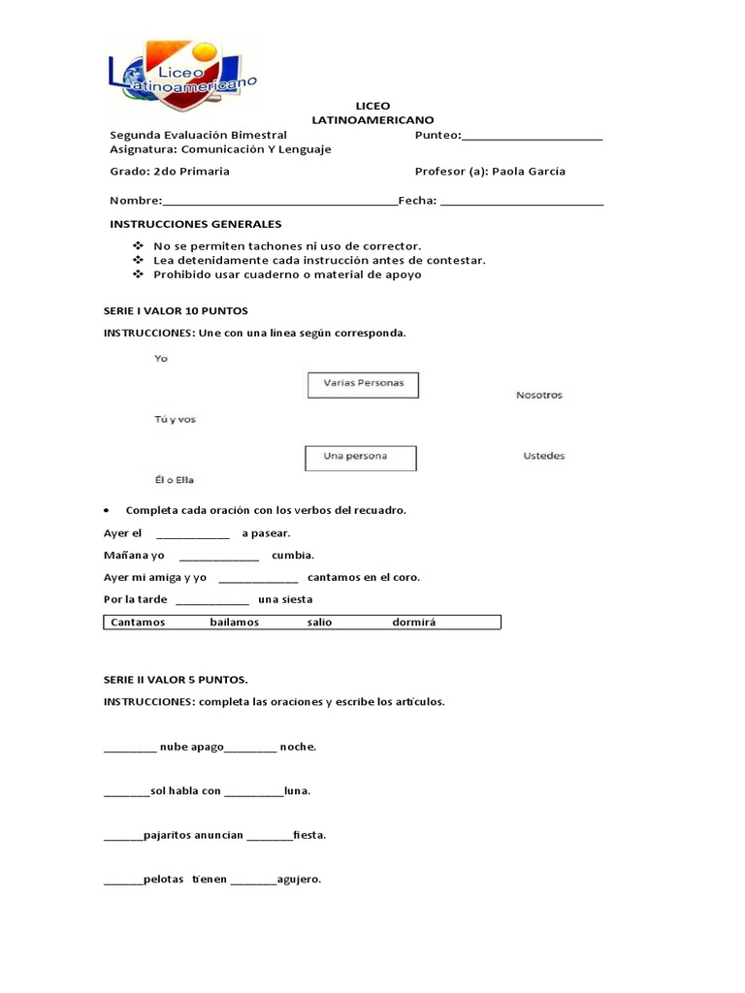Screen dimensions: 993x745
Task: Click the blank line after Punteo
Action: tap(533, 137)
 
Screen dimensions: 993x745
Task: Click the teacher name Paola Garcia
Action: tap(529, 172)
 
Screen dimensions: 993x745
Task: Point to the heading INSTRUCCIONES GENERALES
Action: tap(195, 224)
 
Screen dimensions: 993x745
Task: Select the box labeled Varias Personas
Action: tap(363, 383)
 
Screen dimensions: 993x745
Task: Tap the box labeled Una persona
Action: tap(360, 457)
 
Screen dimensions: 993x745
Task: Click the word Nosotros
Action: tap(538, 396)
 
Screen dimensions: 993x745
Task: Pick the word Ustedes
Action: tap(543, 456)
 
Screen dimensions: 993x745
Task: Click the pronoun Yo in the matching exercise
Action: tap(161, 358)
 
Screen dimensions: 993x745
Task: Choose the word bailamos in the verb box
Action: tap(234, 623)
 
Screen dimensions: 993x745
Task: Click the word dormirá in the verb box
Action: tap(413, 623)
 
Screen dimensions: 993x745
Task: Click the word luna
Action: tap(297, 791)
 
